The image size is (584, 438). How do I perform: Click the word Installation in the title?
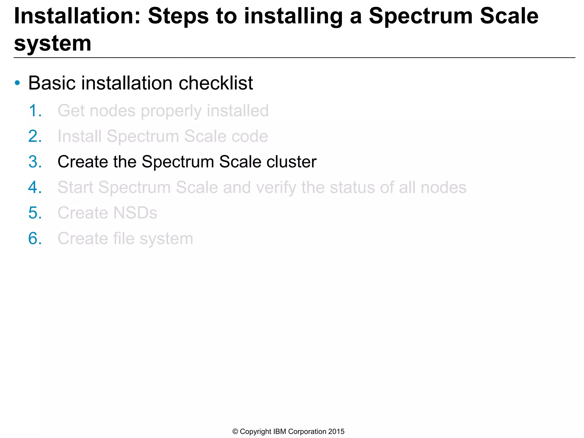click(77, 16)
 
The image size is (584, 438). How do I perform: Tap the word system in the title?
click(53, 43)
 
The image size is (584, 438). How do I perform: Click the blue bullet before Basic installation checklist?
click(17, 83)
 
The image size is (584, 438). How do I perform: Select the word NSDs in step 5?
click(135, 213)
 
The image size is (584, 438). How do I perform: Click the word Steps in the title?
click(178, 17)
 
